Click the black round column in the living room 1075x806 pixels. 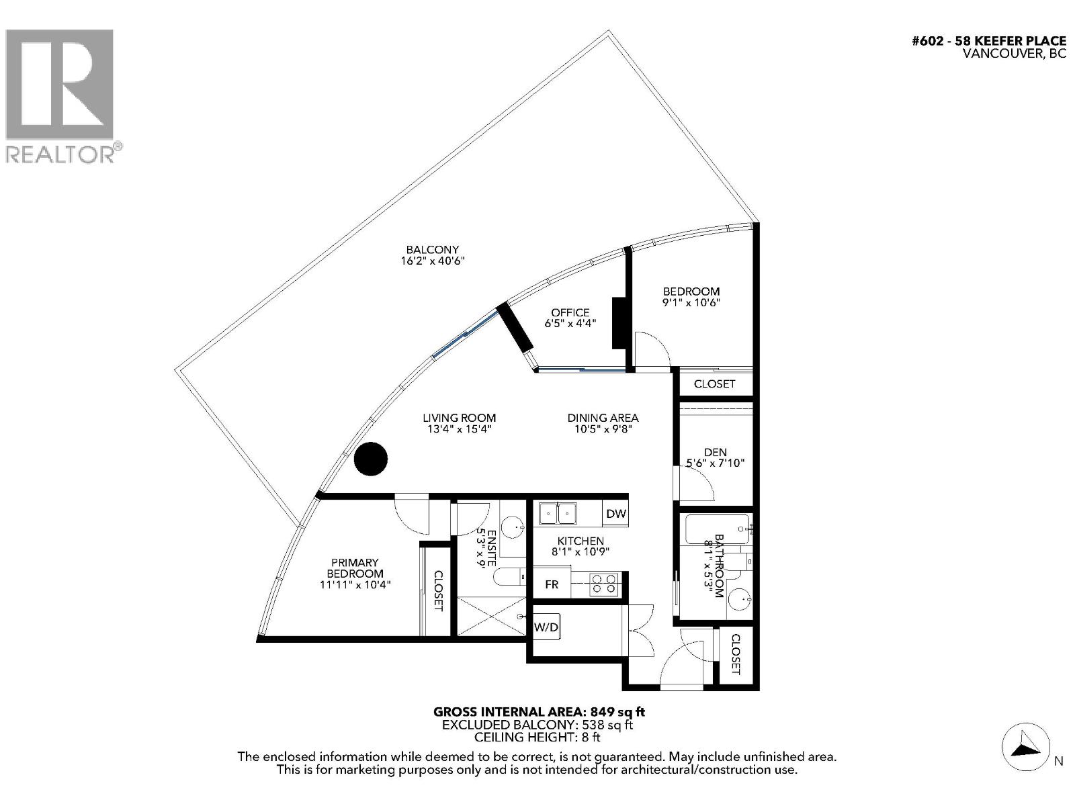tap(371, 459)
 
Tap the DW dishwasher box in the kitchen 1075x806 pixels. tap(615, 514)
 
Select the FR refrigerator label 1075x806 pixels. tap(552, 585)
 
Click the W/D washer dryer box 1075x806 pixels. tap(546, 627)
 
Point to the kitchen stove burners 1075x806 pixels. tap(603, 584)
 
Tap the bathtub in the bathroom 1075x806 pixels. tap(716, 529)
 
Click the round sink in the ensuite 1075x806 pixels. tap(513, 528)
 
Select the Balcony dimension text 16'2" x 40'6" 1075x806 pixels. tap(433, 261)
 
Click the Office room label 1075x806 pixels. tap(570, 312)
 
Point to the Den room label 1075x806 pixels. tap(715, 452)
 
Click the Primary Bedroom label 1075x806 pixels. tap(355, 568)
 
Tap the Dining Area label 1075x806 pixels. tap(603, 418)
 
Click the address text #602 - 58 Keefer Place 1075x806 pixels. tap(988, 41)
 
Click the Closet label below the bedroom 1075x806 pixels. tap(714, 384)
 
